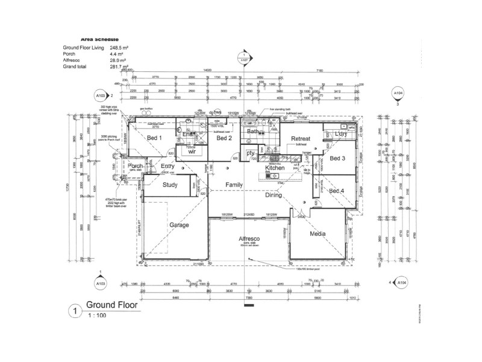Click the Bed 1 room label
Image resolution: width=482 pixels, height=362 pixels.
pyautogui.click(x=155, y=138)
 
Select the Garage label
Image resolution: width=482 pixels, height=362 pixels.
pyautogui.click(x=178, y=225)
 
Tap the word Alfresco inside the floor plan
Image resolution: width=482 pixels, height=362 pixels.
pyautogui.click(x=249, y=239)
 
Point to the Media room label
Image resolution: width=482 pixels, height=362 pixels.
pyautogui.click(x=318, y=233)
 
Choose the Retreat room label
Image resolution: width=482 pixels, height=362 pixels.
pyautogui.click(x=300, y=139)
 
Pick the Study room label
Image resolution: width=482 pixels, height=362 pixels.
pyautogui.click(x=170, y=185)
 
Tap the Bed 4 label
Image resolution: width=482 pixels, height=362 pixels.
pyautogui.click(x=337, y=191)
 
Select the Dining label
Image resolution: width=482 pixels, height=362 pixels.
pyautogui.click(x=274, y=195)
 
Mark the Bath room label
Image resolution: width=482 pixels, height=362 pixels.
pyautogui.click(x=253, y=131)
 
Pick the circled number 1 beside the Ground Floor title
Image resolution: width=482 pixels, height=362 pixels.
pyautogui.click(x=74, y=311)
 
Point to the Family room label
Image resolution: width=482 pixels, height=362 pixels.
pyautogui.click(x=234, y=184)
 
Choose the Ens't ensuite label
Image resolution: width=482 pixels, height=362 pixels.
pyautogui.click(x=189, y=134)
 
